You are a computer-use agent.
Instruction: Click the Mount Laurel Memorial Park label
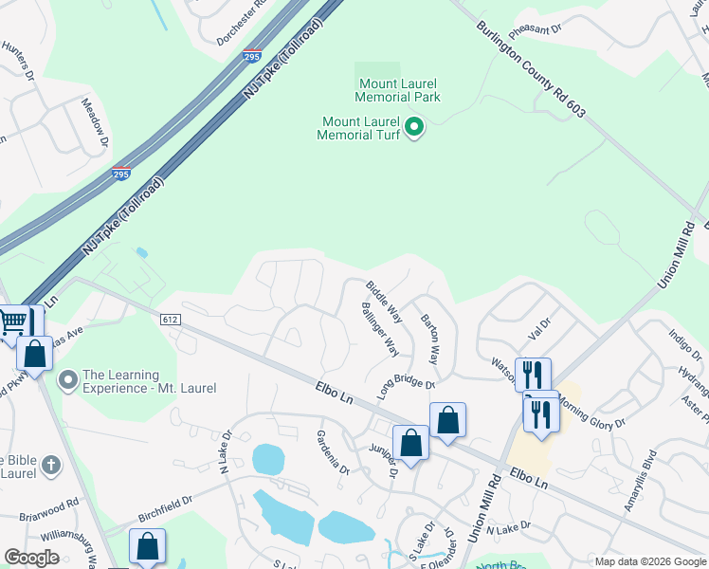point(397,89)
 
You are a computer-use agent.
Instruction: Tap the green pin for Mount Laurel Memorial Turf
point(414,126)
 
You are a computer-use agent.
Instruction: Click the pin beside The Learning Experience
point(67,380)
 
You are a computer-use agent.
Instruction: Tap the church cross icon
point(51,466)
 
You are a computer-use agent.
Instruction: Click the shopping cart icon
point(12,321)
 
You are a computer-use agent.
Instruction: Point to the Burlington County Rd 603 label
point(531,70)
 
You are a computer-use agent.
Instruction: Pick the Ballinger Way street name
point(378,328)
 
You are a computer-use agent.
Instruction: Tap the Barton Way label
point(429,340)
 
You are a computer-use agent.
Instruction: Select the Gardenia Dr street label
point(333,451)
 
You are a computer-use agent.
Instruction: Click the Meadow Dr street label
point(95,122)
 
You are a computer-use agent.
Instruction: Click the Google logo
point(31,558)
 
